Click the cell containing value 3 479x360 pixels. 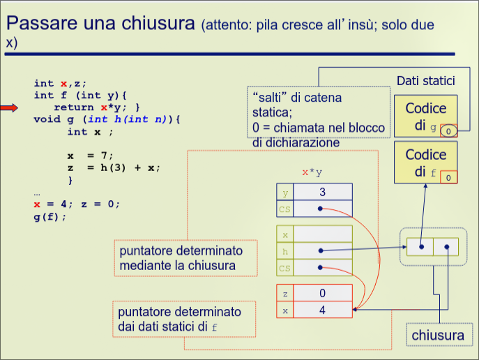coord(322,192)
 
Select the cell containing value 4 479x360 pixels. coord(322,310)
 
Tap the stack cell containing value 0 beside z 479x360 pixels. coord(322,294)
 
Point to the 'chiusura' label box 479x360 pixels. coord(437,336)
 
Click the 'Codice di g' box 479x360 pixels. coord(425,117)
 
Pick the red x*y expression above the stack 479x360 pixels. coord(312,172)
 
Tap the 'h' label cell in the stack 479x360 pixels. coord(284,250)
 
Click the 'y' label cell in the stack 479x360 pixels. coord(284,192)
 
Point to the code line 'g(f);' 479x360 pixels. coord(50,216)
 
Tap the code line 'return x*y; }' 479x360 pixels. coord(97,107)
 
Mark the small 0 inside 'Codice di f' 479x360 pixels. coord(448,177)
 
